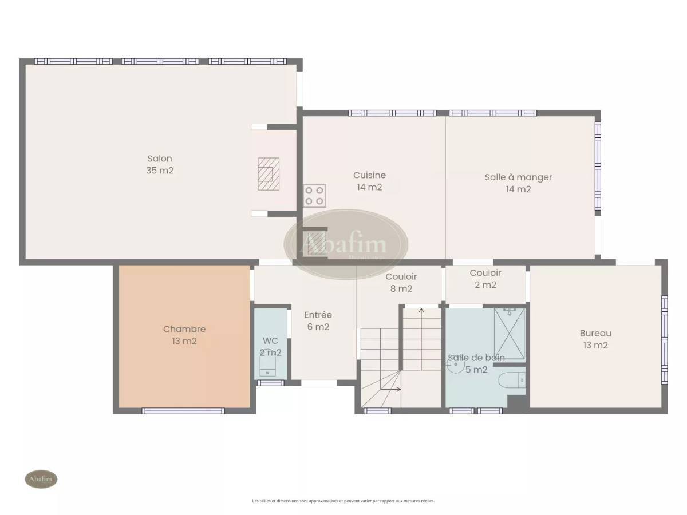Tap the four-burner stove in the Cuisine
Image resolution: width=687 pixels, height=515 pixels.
pos(314,196)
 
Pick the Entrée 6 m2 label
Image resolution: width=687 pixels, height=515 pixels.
pos(318,320)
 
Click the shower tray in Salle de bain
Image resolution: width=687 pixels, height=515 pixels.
pos(509,334)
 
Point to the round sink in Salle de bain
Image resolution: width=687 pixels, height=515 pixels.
pos(456,365)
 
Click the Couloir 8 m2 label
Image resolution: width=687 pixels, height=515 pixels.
pos(401,282)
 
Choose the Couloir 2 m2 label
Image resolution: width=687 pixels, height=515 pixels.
pos(485,279)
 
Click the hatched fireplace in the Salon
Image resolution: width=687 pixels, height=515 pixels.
pos(269,174)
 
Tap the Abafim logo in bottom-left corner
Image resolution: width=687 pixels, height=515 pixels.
pos(41,479)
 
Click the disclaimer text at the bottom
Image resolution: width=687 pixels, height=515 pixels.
pos(343,501)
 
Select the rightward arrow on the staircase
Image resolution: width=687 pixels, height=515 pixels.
pos(390,389)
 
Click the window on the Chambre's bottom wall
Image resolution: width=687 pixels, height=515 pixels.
pos(183,411)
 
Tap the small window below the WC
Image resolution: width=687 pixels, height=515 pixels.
pos(270,383)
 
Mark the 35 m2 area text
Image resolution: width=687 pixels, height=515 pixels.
pos(160,171)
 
